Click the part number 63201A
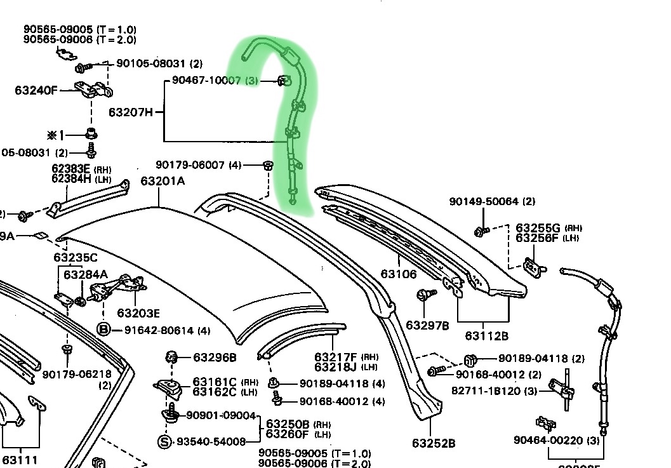point(163,181)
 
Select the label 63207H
point(130,112)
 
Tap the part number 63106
point(399,274)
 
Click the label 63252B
point(433,443)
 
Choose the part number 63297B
point(427,326)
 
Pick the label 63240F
point(36,90)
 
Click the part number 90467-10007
point(206,81)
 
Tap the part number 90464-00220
point(549,440)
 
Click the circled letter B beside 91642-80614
point(103,330)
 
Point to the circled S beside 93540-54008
point(164,441)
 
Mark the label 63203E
point(138,313)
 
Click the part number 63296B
point(215,358)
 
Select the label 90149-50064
point(485,201)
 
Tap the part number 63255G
point(538,228)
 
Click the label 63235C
point(76,257)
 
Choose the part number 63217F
point(336,358)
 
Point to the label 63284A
point(86,274)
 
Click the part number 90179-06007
point(190,164)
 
